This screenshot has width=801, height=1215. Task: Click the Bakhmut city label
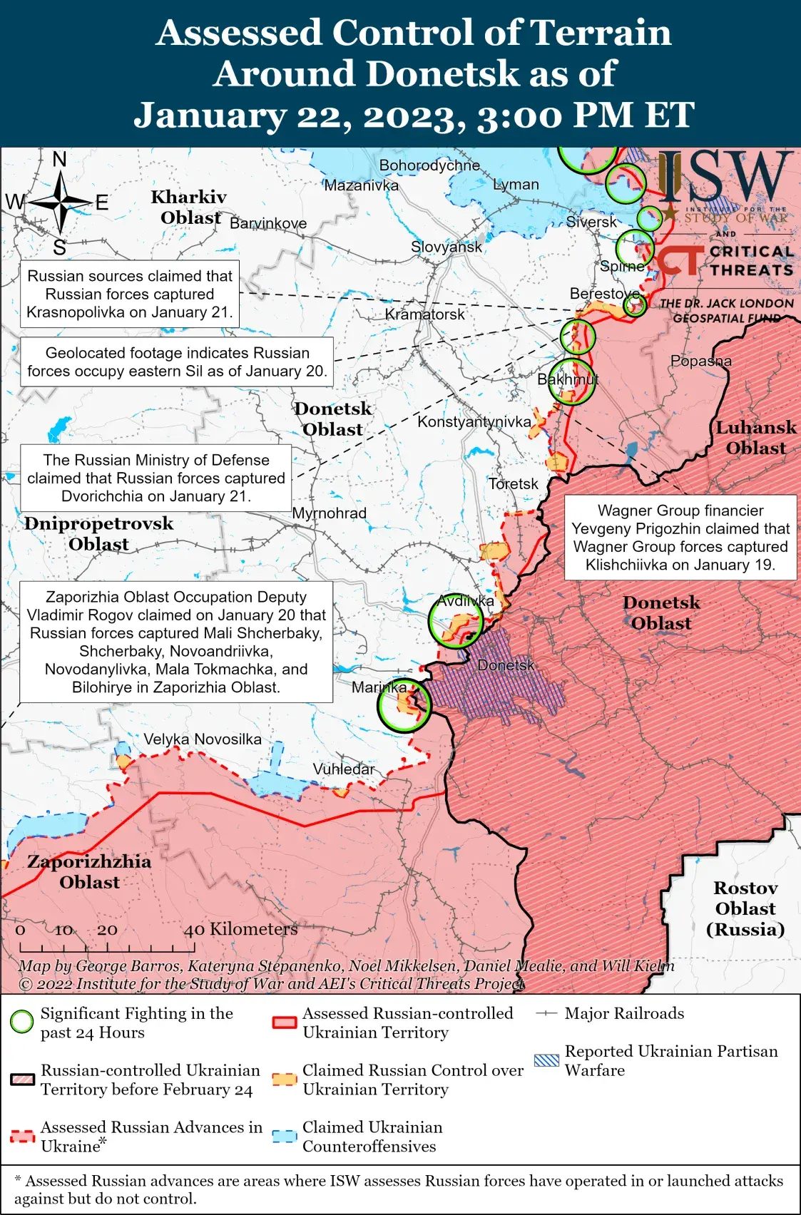(x=568, y=379)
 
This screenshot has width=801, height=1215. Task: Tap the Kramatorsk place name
(x=424, y=314)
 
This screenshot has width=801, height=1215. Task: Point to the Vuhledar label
(x=343, y=769)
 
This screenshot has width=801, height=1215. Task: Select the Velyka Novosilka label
(x=203, y=739)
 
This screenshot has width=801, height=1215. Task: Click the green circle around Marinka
(x=404, y=705)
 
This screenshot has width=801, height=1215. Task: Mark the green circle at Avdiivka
(x=456, y=621)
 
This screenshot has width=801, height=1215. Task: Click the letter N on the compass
(x=60, y=159)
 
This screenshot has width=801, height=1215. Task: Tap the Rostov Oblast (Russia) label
(x=745, y=908)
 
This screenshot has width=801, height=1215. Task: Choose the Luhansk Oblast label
(x=755, y=438)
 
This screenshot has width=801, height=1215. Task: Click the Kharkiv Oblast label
(x=189, y=207)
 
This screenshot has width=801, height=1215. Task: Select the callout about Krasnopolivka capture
(x=129, y=294)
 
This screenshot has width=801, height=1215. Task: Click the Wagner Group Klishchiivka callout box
(x=680, y=538)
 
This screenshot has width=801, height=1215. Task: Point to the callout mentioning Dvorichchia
(x=155, y=478)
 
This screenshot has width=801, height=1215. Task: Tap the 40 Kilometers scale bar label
(x=240, y=929)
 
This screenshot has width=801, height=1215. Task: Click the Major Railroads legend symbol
(x=546, y=1013)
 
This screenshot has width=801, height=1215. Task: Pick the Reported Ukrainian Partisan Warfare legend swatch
(x=546, y=1060)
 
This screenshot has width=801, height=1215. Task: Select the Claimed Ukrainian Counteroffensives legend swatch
(x=285, y=1137)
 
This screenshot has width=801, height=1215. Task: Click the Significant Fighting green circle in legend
(x=22, y=1022)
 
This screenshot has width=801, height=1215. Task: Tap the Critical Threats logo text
(x=750, y=261)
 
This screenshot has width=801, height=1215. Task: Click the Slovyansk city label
(x=447, y=247)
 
